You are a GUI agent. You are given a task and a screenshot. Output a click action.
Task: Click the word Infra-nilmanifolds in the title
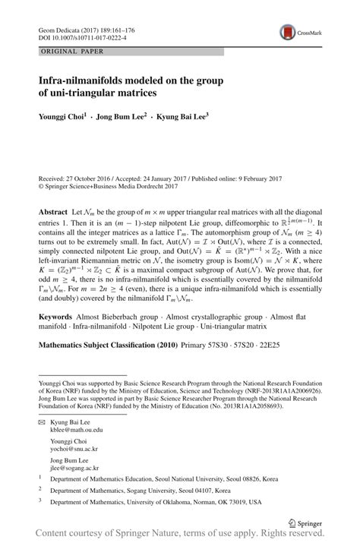tap(85, 79)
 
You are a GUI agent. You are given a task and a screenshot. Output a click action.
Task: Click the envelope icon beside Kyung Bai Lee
tap(41, 421)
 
